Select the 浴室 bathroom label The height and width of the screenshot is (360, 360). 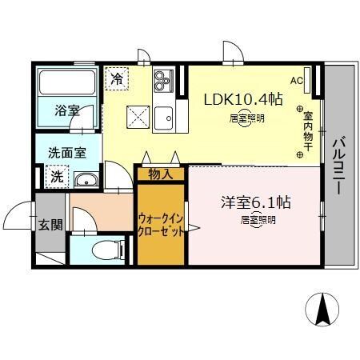(67, 110)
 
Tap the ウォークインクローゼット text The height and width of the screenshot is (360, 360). (161, 223)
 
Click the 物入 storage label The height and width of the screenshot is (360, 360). (161, 172)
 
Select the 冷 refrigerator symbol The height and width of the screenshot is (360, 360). (117, 79)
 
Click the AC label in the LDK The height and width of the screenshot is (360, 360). (297, 80)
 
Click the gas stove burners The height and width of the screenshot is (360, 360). (163, 80)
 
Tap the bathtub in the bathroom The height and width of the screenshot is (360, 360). (67, 83)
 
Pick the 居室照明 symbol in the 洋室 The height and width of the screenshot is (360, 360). (255, 219)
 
